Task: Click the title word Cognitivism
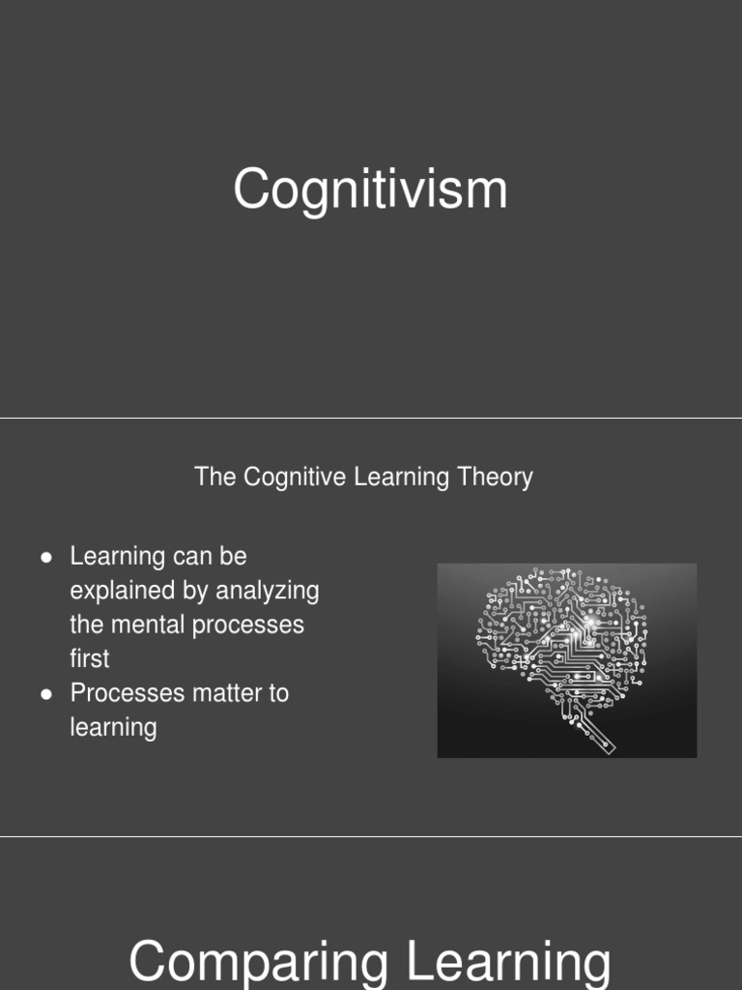coord(370,189)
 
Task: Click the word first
coord(89,658)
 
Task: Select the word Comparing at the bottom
coord(258,963)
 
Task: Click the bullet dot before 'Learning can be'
coord(46,558)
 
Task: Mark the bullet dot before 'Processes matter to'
coord(46,694)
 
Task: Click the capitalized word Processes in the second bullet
coord(115,693)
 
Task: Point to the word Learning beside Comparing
coord(508,963)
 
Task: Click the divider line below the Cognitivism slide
coord(371,419)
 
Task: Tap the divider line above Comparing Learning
coord(371,837)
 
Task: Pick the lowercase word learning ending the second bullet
coord(113,727)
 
